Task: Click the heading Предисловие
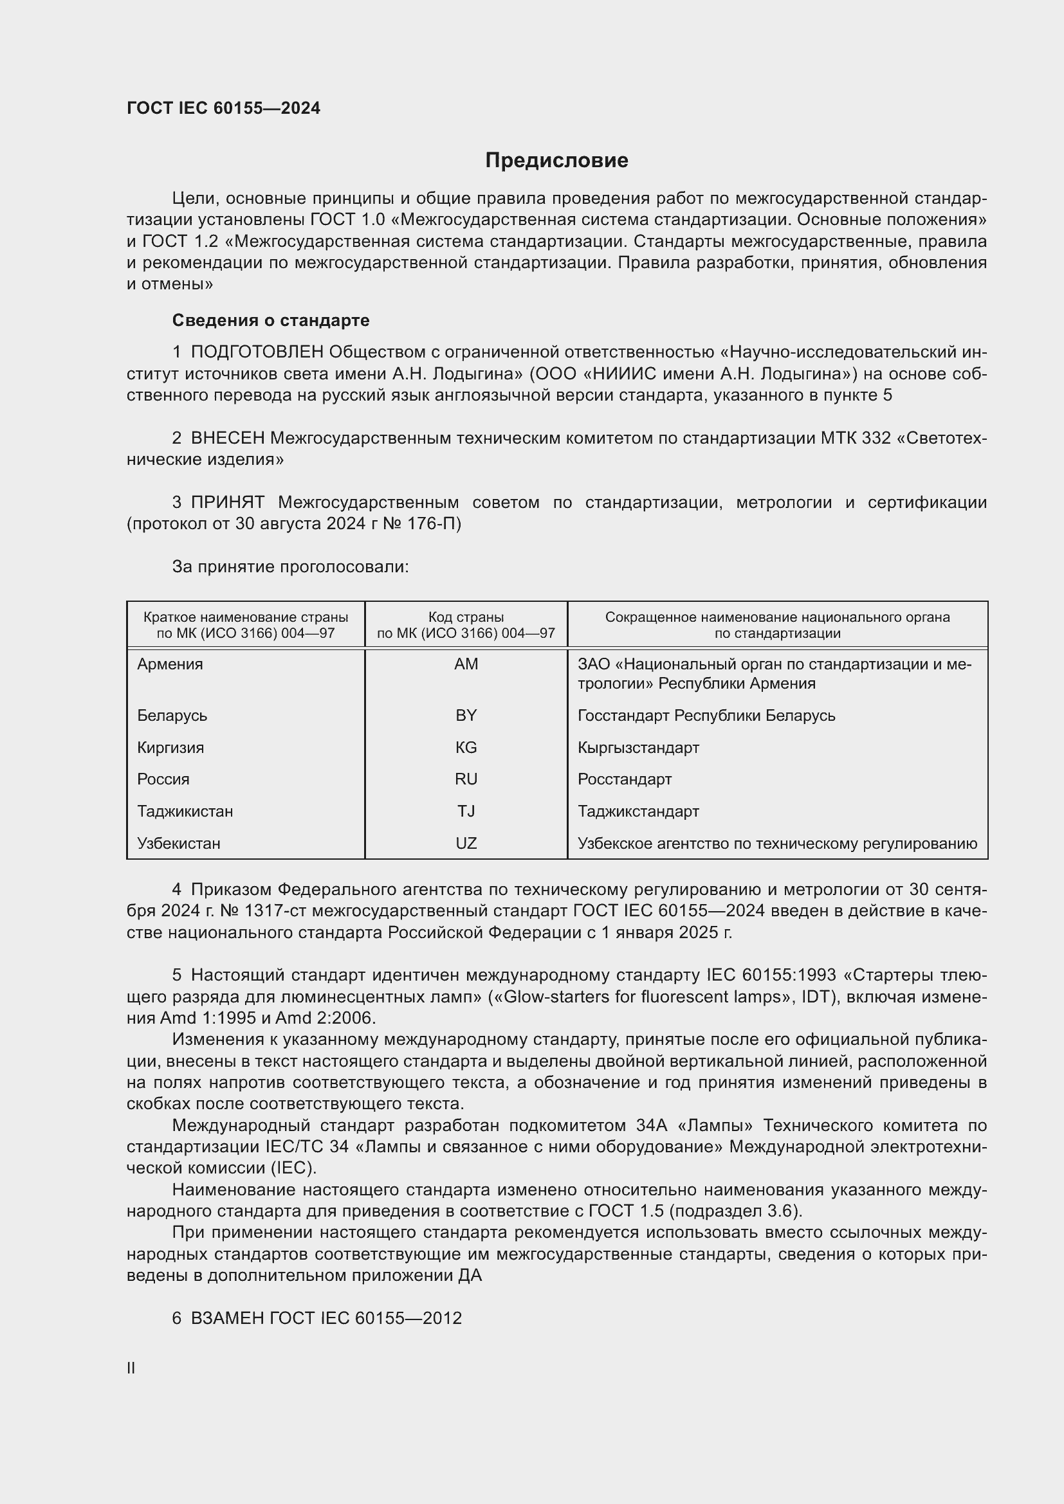click(556, 161)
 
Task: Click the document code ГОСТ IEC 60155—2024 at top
click(223, 109)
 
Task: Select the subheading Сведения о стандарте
click(271, 320)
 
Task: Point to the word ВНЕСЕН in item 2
click(227, 438)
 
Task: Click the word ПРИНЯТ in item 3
click(227, 502)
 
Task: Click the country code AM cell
click(466, 664)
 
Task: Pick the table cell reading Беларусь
click(172, 715)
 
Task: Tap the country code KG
click(466, 747)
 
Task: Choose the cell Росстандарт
click(625, 779)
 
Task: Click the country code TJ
click(466, 811)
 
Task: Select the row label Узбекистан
click(178, 844)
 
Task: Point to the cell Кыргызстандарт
click(638, 747)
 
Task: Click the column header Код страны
click(466, 617)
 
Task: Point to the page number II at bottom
click(131, 1368)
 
